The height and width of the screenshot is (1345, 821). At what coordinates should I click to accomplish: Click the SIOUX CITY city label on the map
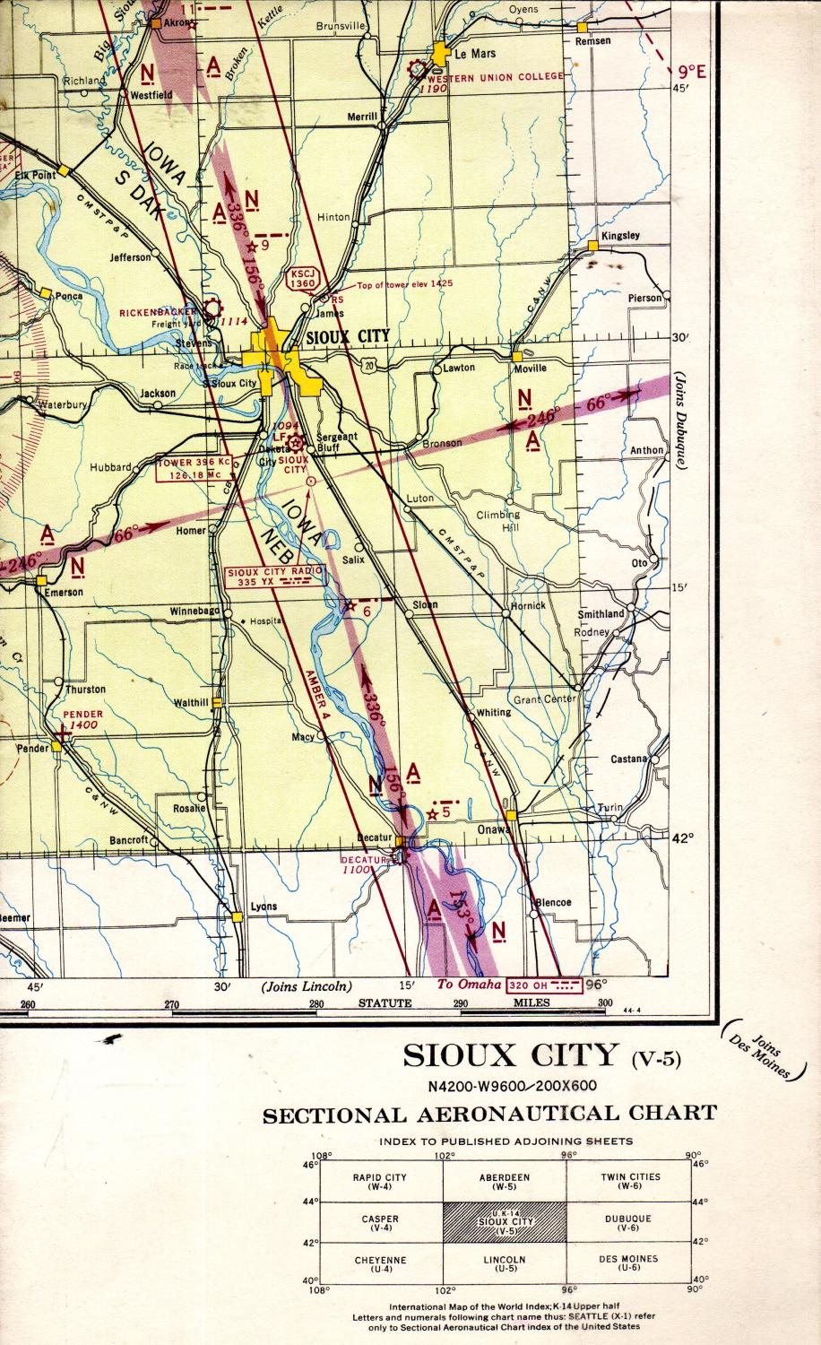(348, 337)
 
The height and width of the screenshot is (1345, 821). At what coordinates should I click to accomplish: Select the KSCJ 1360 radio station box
(303, 278)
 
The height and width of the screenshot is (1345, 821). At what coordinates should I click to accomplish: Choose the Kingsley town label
(620, 236)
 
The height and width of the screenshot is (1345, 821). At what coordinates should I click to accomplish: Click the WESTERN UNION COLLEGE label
(508, 76)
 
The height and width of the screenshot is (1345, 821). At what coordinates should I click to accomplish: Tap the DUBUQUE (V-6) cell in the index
(627, 1222)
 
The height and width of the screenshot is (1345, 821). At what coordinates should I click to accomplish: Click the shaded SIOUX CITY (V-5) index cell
(505, 1222)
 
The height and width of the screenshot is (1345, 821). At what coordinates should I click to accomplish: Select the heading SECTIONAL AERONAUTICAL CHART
(489, 1114)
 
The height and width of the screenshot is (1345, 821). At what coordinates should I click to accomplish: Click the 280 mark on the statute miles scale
(315, 1003)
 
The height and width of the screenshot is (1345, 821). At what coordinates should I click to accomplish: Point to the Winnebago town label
(194, 612)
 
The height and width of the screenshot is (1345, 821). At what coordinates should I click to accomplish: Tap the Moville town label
(529, 369)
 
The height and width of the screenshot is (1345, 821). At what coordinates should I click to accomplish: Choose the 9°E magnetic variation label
(691, 73)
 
